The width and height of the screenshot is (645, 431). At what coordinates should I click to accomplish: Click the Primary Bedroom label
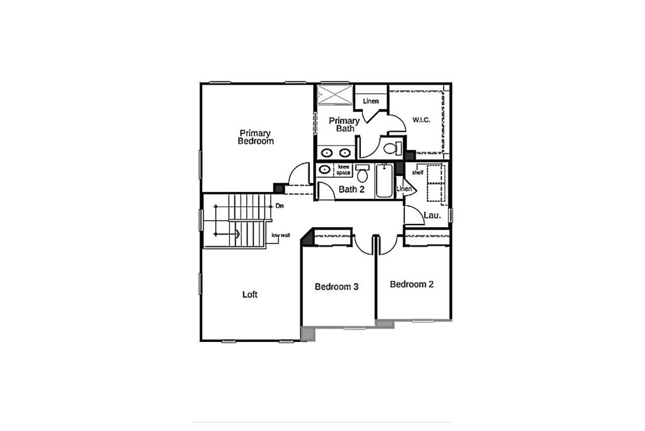click(256, 137)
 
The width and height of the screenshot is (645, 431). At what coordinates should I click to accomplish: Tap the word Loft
click(250, 295)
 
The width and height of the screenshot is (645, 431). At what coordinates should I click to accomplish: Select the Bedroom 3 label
click(337, 287)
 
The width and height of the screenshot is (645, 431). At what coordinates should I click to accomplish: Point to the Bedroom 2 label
click(412, 285)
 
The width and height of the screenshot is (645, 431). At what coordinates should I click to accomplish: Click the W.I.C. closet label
click(421, 120)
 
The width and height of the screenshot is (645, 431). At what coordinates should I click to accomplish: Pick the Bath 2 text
click(351, 189)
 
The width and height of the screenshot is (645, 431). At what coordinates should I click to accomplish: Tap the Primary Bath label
click(345, 124)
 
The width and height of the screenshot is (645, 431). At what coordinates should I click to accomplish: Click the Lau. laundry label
click(432, 215)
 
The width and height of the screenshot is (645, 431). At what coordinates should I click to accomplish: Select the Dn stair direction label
click(279, 206)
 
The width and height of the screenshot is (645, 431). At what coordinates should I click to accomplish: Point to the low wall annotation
click(281, 235)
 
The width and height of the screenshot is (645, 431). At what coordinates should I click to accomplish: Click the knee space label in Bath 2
click(343, 170)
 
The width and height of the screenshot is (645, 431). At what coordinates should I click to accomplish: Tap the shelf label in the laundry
click(418, 172)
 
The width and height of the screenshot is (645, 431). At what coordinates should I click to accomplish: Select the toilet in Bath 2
click(362, 174)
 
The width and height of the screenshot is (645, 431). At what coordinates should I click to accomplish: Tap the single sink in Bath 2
click(324, 169)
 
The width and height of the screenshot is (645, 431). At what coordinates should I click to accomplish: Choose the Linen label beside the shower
click(370, 102)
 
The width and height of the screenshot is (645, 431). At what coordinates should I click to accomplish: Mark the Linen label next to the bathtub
click(404, 189)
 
